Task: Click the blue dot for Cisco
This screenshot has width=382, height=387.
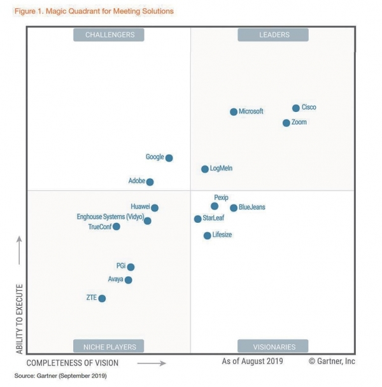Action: (296, 108)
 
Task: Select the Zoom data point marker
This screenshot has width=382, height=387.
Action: (286, 123)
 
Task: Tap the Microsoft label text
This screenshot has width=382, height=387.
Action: (251, 111)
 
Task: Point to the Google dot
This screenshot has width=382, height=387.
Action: (169, 158)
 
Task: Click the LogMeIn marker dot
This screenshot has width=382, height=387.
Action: (205, 169)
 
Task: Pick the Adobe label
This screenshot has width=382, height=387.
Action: (137, 181)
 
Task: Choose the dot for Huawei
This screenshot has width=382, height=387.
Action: (155, 208)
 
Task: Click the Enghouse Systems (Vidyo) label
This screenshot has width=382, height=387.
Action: (109, 217)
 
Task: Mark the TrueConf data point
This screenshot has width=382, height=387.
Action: (117, 227)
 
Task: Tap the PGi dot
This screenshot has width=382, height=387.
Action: (131, 267)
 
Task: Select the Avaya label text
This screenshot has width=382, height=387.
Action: (116, 279)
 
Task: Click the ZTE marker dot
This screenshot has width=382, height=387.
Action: (102, 299)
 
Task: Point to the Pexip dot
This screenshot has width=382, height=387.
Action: (215, 206)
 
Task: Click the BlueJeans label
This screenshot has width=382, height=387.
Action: (252, 208)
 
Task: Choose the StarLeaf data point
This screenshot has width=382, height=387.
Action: (198, 219)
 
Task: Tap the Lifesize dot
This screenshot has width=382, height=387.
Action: (207, 236)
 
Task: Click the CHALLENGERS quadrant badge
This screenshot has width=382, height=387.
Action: (109, 35)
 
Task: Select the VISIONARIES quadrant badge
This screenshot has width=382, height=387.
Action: (273, 347)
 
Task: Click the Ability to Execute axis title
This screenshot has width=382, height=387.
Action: (19, 319)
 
